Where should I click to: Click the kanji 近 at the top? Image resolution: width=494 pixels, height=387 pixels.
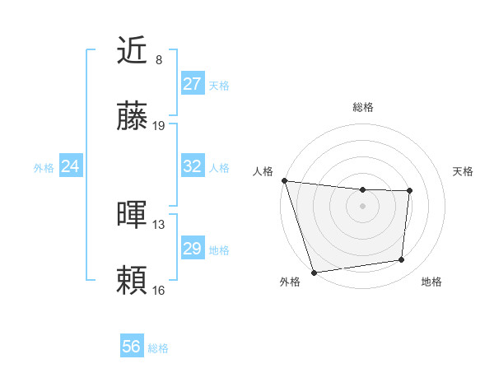133,51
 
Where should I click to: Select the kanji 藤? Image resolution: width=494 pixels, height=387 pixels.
133,118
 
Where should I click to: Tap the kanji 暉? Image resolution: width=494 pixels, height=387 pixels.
133,215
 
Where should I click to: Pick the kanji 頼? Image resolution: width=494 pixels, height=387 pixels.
133,280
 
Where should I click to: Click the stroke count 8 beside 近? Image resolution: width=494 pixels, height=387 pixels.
159,60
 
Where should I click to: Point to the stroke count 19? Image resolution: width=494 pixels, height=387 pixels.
159,126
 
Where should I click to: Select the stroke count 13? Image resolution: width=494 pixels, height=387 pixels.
159,224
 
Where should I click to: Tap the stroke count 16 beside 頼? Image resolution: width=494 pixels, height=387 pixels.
159,290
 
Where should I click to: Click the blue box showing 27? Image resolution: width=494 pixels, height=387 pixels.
192,84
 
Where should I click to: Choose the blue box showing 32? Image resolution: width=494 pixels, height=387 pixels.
192,166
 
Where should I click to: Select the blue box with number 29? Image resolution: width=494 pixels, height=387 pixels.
192,249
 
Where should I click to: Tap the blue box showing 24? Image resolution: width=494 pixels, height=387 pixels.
71,166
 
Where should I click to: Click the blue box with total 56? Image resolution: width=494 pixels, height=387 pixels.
132,347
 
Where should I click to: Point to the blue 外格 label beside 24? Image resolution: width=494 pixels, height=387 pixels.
44,168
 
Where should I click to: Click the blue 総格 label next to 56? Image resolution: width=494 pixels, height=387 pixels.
158,348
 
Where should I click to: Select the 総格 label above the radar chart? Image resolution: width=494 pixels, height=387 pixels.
363,107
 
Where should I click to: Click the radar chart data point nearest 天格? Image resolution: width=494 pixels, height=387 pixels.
409,191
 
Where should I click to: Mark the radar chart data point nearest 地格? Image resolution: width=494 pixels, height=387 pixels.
402,260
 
